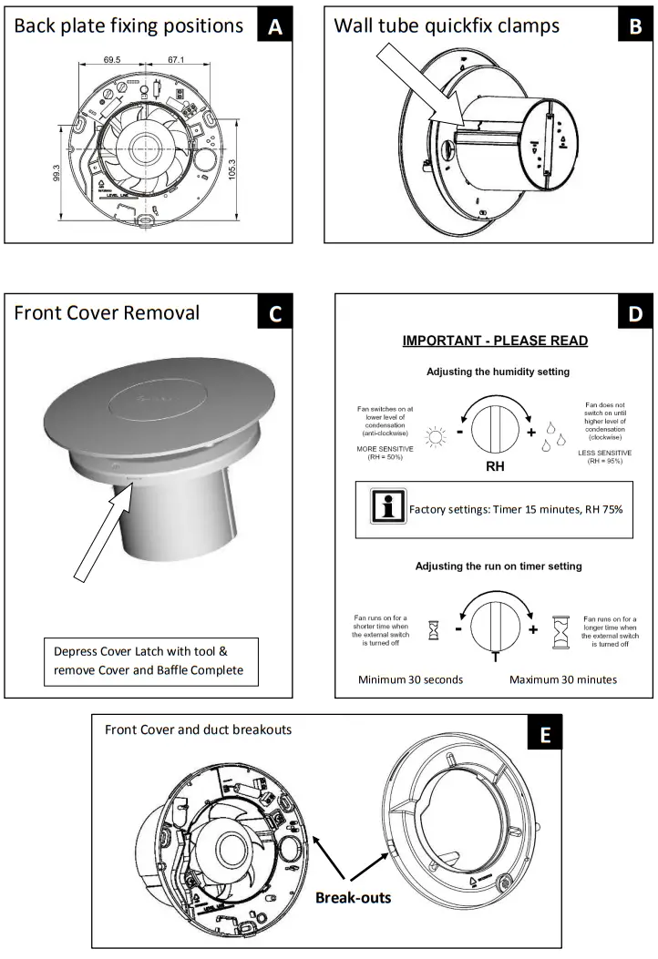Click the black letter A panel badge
click(274, 26)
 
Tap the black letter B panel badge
click(635, 26)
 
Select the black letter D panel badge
click(635, 314)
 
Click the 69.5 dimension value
click(113, 61)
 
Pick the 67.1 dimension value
click(175, 61)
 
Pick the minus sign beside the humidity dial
click(462, 432)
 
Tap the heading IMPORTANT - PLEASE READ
click(496, 341)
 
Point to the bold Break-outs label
click(354, 897)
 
